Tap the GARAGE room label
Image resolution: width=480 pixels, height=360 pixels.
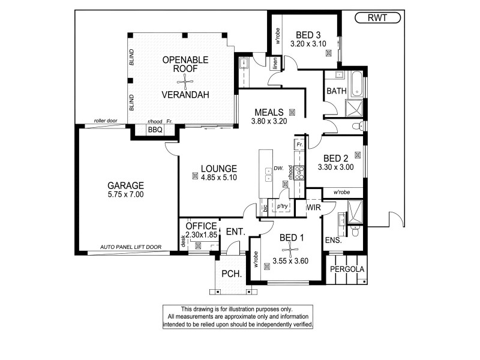(126, 185)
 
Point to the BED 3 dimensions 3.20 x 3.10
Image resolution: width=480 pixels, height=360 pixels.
(308, 44)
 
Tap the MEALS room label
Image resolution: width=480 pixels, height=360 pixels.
(268, 112)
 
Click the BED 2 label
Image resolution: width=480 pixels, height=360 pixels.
(332, 158)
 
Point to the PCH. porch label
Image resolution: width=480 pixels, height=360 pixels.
(231, 274)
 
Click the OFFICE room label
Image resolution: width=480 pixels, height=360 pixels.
(201, 226)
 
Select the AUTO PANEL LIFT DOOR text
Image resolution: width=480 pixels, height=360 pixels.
(130, 247)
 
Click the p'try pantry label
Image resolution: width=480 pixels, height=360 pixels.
(282, 206)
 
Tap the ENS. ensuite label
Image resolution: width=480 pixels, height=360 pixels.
(333, 240)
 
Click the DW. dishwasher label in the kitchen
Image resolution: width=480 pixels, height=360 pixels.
(278, 169)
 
